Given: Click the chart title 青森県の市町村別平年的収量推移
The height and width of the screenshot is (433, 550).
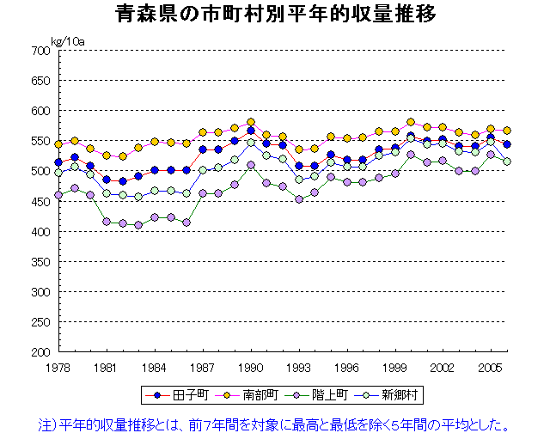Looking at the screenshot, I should [x=275, y=15].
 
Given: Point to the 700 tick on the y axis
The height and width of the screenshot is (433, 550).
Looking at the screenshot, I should [x=40, y=51].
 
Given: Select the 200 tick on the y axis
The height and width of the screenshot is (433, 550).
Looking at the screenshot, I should [x=40, y=352].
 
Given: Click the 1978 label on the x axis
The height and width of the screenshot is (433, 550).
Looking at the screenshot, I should [x=58, y=367].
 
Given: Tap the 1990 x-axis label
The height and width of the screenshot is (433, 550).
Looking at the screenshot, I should [x=251, y=367].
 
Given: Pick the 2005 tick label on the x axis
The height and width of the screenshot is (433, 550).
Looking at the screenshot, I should [x=491, y=367].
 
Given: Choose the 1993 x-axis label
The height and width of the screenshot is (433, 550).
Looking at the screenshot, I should [x=299, y=367].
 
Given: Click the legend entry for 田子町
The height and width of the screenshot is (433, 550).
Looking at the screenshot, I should [x=174, y=395].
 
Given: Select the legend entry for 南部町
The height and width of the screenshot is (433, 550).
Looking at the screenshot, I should [x=245, y=395].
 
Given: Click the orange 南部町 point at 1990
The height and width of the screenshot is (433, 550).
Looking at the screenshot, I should [x=251, y=122].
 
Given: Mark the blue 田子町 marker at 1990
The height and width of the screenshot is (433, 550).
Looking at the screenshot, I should [x=251, y=131].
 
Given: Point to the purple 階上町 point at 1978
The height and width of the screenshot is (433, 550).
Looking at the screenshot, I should [x=58, y=195].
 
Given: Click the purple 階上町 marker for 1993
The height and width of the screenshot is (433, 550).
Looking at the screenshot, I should [x=299, y=199].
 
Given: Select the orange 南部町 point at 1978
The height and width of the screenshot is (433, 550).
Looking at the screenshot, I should [x=58, y=144].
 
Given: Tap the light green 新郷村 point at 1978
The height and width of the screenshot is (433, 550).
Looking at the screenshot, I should [x=58, y=173].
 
